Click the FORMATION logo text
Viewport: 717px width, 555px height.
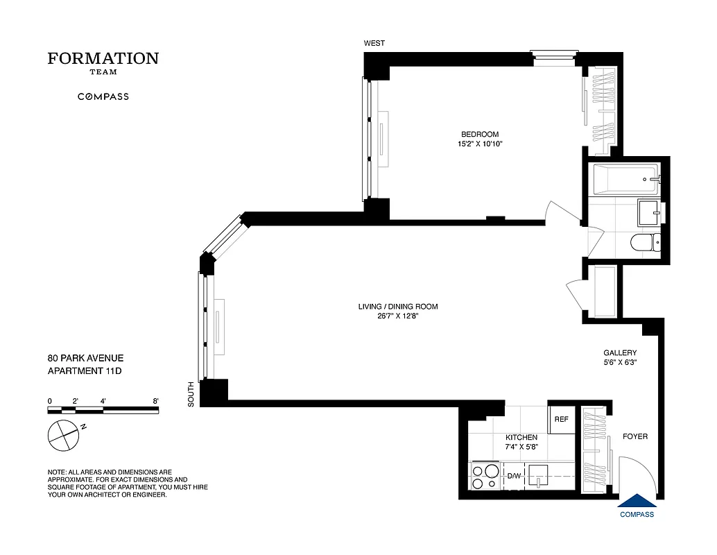(x=103, y=59)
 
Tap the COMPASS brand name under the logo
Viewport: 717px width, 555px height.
(x=103, y=96)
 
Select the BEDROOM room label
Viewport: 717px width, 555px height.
(x=480, y=135)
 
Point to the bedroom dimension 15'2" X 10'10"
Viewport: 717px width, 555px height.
(x=480, y=144)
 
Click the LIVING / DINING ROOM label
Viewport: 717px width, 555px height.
(x=398, y=307)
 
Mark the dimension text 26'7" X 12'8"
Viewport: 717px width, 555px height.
(x=398, y=316)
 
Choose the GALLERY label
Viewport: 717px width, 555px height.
(x=620, y=352)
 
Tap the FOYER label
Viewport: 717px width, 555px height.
(x=635, y=436)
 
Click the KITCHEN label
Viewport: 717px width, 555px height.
(x=521, y=438)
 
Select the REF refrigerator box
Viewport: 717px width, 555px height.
(x=561, y=420)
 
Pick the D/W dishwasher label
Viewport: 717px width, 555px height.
(x=514, y=476)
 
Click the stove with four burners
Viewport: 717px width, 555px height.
(x=485, y=477)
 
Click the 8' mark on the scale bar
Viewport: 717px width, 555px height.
(x=156, y=401)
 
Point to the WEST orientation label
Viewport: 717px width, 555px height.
(x=374, y=44)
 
